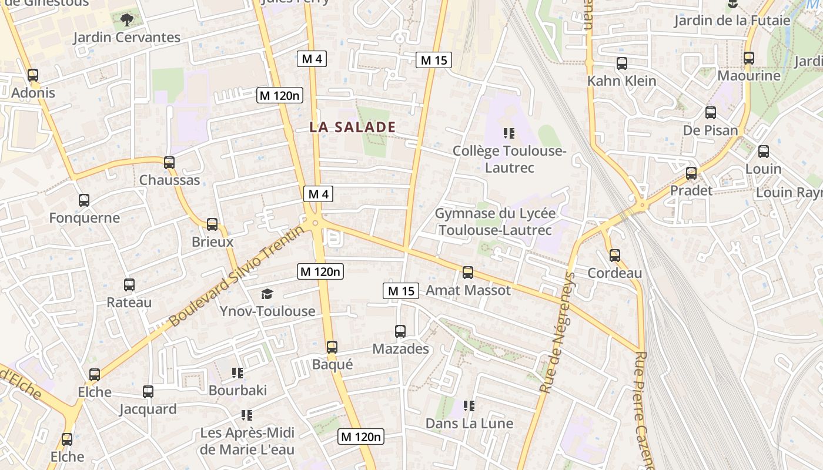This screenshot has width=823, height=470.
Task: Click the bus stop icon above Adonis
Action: (x=33, y=75)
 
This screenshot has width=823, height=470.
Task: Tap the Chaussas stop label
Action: (x=169, y=180)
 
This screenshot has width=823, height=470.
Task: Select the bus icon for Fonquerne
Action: (x=84, y=200)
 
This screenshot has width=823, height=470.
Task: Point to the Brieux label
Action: (x=212, y=242)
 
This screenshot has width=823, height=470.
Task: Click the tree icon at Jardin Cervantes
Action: (x=126, y=21)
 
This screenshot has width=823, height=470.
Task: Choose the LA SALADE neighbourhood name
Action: (x=353, y=127)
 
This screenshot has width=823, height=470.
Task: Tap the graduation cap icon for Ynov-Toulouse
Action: (x=267, y=294)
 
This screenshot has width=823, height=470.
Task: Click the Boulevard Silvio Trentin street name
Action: (x=238, y=276)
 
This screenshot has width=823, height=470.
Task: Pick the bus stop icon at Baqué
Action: (x=332, y=347)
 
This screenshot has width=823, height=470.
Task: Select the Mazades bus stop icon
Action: (x=400, y=331)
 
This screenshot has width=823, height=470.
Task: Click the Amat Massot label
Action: (x=468, y=290)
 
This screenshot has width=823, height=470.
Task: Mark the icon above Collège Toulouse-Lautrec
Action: (x=509, y=134)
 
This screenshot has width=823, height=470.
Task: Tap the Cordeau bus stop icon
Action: (x=615, y=256)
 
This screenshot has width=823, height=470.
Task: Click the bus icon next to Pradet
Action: (x=691, y=173)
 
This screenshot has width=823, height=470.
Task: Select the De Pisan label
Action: (x=710, y=130)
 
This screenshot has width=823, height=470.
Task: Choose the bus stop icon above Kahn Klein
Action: (x=622, y=63)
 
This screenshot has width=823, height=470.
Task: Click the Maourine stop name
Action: (x=749, y=76)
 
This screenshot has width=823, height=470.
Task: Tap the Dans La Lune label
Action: (x=469, y=424)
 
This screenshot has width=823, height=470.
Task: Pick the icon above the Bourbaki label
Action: (x=237, y=372)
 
